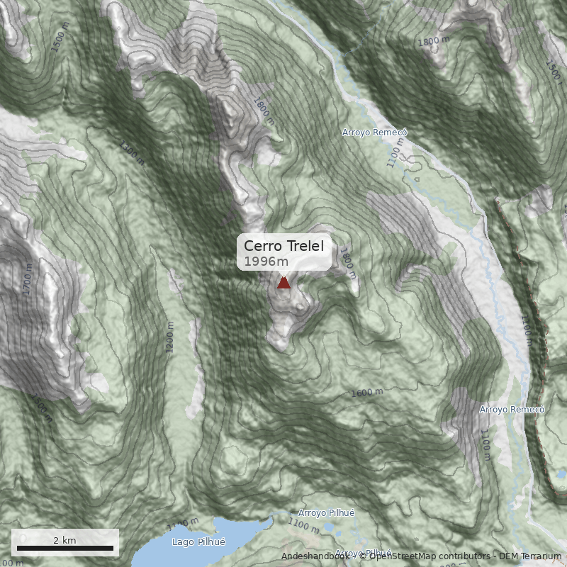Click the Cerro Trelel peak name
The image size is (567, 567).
pyautogui.click(x=283, y=246)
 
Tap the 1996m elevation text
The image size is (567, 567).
pyautogui.click(x=266, y=262)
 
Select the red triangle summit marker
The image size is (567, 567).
pyautogui.click(x=283, y=283)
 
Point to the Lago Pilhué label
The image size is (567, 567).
pyautogui.click(x=198, y=541)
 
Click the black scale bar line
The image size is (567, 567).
pyautogui.click(x=65, y=549)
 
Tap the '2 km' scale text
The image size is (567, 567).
pyautogui.click(x=64, y=540)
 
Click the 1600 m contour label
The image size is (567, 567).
pyautogui.click(x=367, y=393)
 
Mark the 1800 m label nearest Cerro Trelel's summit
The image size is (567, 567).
pyautogui.click(x=347, y=259)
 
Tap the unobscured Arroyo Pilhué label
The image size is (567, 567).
pyautogui.click(x=326, y=512)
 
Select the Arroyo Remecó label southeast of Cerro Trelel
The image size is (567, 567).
pyautogui.click(x=511, y=410)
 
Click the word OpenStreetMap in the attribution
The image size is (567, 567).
pyautogui.click(x=403, y=556)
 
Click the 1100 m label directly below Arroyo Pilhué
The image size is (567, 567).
pyautogui.click(x=303, y=526)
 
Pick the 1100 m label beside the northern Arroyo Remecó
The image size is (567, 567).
pyautogui.click(x=395, y=151)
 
